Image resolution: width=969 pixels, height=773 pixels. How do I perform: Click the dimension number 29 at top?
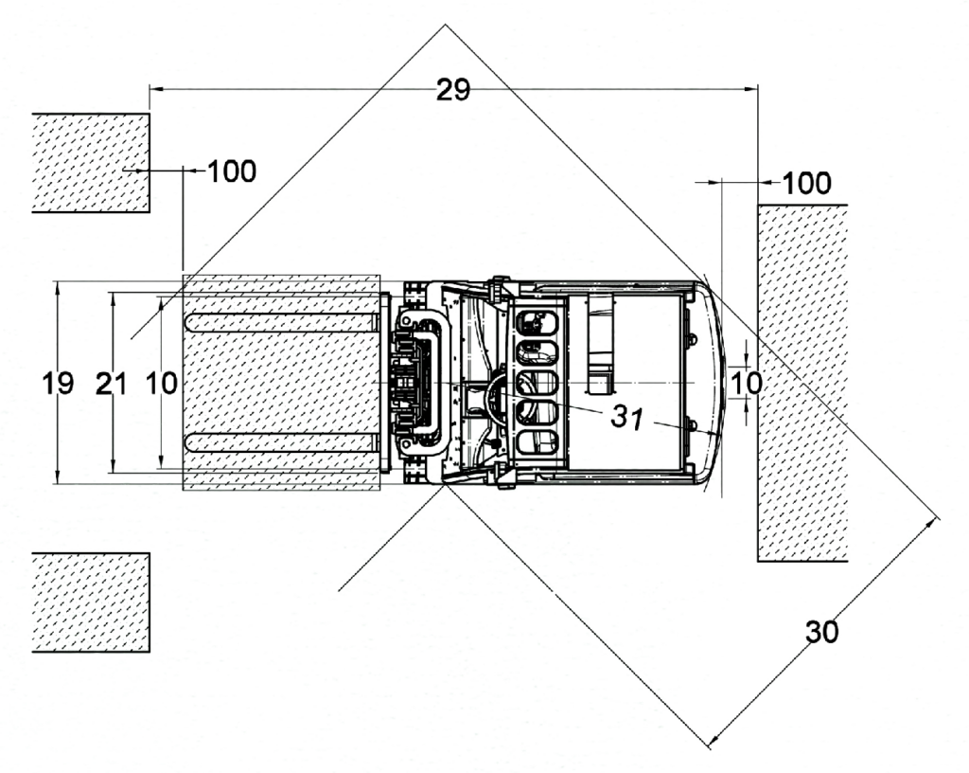coord(453,90)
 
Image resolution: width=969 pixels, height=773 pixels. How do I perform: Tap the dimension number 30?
coord(822,632)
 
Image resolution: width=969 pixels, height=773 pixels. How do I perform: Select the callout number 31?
coord(627,418)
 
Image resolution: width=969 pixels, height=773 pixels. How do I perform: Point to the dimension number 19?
coord(58,384)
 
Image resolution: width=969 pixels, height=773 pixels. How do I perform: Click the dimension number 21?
coord(112,384)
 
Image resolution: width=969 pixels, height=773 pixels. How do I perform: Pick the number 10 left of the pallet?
coord(161,384)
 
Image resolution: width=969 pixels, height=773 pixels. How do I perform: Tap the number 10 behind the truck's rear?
coord(746,384)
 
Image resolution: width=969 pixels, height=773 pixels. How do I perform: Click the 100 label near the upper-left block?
coord(232,171)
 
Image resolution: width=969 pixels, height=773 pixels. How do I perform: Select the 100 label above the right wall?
coord(807,183)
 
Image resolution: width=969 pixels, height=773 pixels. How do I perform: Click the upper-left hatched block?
coord(91,163)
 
